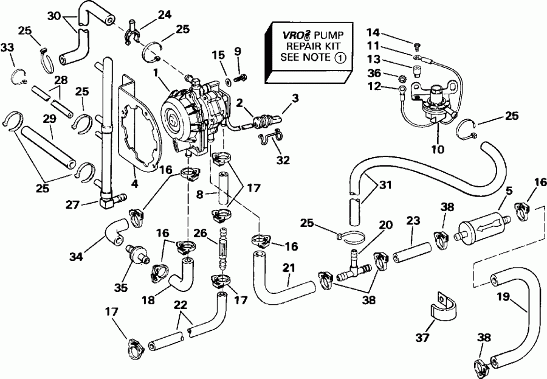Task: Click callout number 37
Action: [421, 337]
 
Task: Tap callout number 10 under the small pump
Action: [438, 148]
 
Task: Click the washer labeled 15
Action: [226, 80]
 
